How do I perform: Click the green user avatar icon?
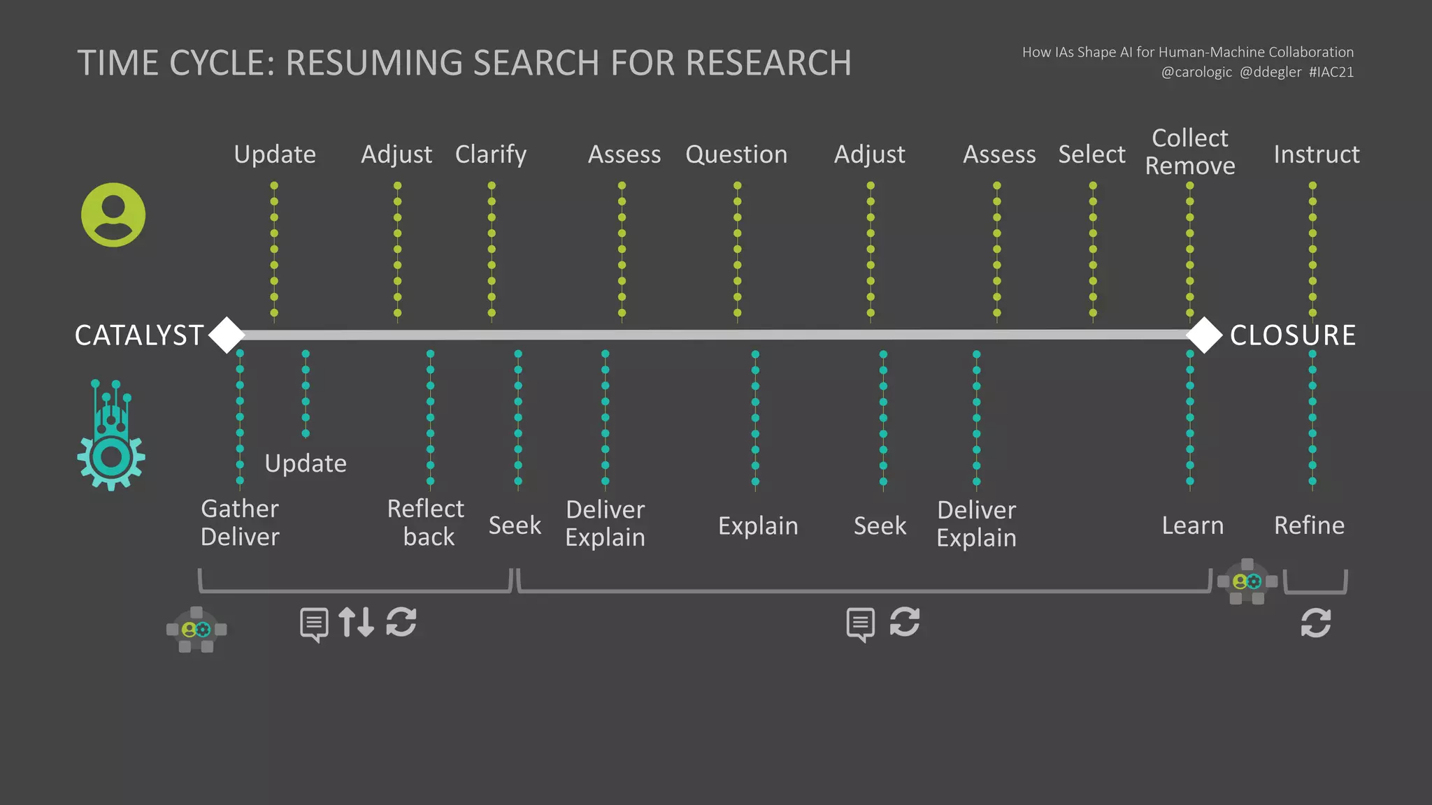[x=113, y=215]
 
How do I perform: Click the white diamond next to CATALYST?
[x=227, y=335]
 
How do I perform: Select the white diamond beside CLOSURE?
[x=1204, y=335]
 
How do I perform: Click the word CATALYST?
[x=139, y=335]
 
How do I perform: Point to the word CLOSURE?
[x=1293, y=335]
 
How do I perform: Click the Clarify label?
[x=491, y=154]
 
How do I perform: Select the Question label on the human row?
[x=736, y=154]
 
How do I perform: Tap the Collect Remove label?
[x=1190, y=152]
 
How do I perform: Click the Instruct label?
[x=1317, y=154]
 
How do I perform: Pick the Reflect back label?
[x=426, y=523]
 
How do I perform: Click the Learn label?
[x=1193, y=525]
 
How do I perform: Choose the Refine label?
[x=1310, y=525]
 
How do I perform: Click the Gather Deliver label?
[x=240, y=523]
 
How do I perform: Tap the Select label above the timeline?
[x=1091, y=154]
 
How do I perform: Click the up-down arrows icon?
[x=356, y=622]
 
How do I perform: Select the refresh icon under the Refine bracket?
[x=1315, y=623]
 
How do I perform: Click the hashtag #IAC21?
[x=1331, y=72]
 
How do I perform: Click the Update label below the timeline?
[x=306, y=463]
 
